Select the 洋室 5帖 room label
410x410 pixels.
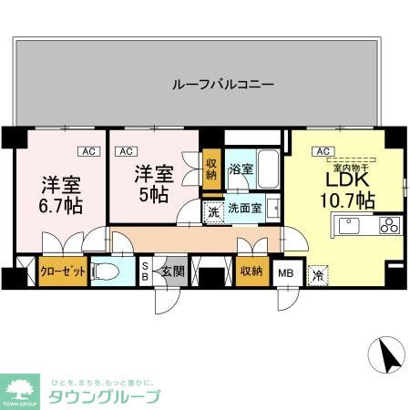point(153,181)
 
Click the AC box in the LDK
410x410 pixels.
point(321,151)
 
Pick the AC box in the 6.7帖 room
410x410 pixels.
point(88,151)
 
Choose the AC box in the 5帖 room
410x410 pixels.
point(127,151)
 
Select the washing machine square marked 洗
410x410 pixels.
point(212,213)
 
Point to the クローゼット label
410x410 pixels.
point(63,272)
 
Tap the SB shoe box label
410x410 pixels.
point(144,271)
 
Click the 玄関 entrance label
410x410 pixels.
point(172,271)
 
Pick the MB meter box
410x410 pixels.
point(285,272)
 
